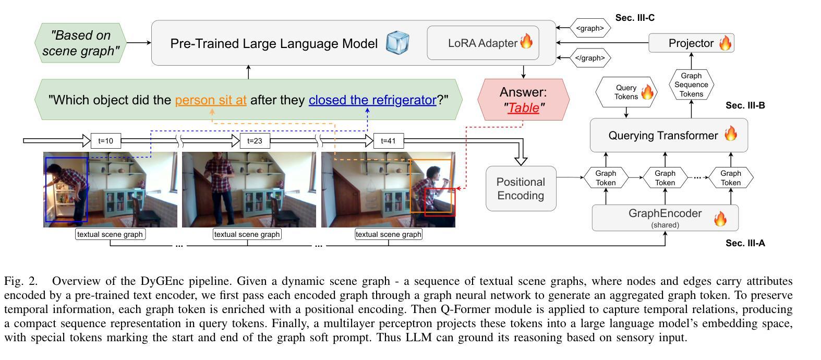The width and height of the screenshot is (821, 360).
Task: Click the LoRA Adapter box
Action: coord(482,43)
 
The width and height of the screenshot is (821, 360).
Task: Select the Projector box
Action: coord(691,43)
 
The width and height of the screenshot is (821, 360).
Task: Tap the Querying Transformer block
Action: coord(669,135)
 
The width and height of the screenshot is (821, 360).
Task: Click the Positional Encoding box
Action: coord(521,188)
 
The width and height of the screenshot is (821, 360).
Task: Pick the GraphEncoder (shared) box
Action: coord(665,218)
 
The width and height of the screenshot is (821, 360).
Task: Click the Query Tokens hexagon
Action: coord(626,92)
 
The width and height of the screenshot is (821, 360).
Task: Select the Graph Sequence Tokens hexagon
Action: coord(691,85)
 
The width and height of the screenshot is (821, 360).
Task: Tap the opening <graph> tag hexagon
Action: coord(590,28)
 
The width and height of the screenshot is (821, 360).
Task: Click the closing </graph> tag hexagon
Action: coord(590,58)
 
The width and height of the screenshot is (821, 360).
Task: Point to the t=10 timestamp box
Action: coord(105,141)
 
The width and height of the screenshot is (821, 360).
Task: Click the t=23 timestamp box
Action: coord(255,141)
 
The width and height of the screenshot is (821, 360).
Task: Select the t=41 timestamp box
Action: coord(389,141)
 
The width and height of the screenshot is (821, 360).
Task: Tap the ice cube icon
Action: coord(397,43)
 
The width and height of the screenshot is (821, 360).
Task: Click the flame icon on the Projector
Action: coord(725,43)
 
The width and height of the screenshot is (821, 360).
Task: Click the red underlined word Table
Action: coord(523,108)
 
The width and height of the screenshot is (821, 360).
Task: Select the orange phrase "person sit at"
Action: coord(211,100)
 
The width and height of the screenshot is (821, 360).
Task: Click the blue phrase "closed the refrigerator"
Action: coord(372,100)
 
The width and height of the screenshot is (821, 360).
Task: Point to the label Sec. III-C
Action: coord(635,18)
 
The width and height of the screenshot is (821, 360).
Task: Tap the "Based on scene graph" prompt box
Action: coord(81,43)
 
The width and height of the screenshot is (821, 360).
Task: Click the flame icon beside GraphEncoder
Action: coord(720,218)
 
